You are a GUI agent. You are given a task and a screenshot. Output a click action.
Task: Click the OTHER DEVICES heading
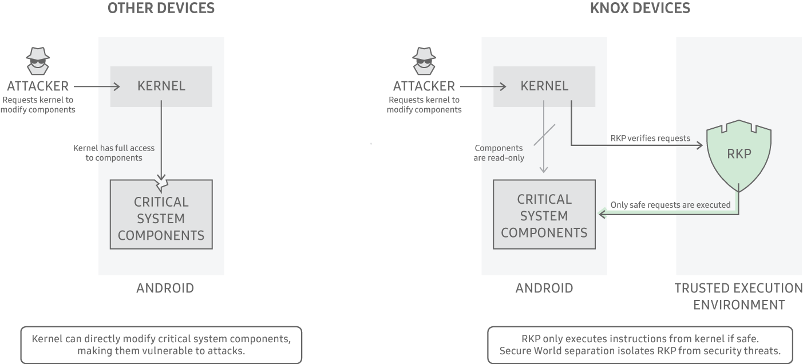161,8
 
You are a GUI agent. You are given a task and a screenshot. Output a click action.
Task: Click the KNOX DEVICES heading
640,8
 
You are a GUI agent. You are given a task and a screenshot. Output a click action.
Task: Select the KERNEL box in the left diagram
161,86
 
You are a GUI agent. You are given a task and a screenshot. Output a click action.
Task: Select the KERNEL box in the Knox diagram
544,86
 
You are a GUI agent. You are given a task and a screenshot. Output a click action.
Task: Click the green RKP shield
738,155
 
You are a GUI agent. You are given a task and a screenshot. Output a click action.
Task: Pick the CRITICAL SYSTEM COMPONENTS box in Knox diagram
544,215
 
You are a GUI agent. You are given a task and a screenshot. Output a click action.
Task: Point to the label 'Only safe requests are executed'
670,204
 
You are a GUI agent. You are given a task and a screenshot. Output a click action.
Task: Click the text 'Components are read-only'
499,153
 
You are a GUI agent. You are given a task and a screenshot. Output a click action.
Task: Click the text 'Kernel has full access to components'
114,153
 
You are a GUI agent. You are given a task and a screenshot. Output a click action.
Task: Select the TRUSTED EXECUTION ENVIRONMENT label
738,296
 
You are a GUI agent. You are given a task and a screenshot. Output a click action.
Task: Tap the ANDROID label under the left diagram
165,288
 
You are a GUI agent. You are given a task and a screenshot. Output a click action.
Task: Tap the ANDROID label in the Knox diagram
544,288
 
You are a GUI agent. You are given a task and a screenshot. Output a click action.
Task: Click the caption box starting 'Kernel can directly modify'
161,345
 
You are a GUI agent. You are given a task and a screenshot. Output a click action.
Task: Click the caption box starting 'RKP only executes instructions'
640,345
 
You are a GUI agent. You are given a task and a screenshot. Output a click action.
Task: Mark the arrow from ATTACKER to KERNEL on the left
96,86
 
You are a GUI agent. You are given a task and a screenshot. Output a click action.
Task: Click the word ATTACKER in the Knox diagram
424,86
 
